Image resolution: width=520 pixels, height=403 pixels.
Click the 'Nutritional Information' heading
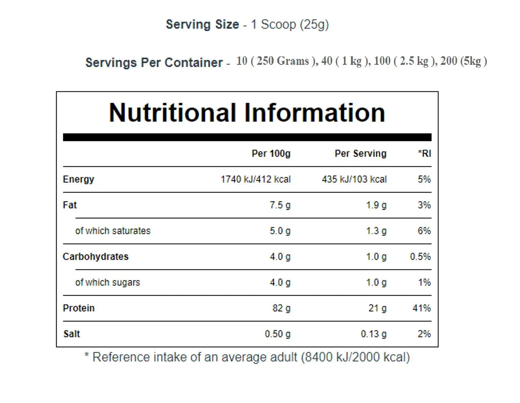click(x=247, y=113)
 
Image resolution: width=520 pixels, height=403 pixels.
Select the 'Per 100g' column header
click(x=271, y=153)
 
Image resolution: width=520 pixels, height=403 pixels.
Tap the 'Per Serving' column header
click(x=360, y=153)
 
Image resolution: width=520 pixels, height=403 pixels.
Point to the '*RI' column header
click(x=424, y=153)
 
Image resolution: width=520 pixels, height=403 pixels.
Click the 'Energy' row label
click(x=78, y=179)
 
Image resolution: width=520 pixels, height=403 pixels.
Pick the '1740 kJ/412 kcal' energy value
click(x=255, y=179)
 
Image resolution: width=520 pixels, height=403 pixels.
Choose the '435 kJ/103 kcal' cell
click(x=354, y=179)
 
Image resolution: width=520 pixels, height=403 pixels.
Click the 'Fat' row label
click(x=70, y=205)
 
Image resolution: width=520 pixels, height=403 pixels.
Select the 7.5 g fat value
click(x=280, y=205)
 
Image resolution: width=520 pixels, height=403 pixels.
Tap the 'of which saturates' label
click(x=113, y=231)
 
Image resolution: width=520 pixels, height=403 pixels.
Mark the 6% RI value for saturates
click(x=424, y=231)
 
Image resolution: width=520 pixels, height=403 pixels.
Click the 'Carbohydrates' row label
click(x=96, y=257)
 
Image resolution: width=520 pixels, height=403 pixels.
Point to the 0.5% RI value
click(x=420, y=257)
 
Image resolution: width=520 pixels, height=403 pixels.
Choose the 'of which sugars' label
click(x=107, y=282)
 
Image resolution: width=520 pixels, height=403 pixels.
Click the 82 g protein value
click(x=281, y=308)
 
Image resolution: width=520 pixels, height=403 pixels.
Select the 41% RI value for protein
click(x=422, y=308)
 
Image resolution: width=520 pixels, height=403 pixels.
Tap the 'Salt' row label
click(x=71, y=334)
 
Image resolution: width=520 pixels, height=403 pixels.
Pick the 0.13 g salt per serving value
click(x=373, y=334)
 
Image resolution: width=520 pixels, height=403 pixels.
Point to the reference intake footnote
click(x=247, y=357)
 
